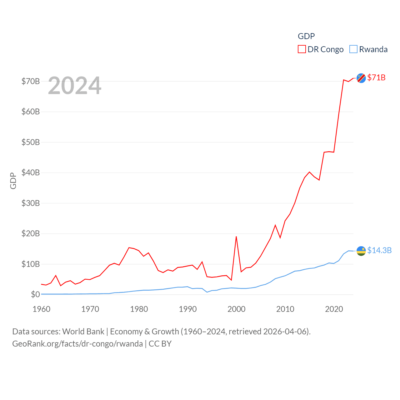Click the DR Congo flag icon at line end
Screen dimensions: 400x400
pyautogui.click(x=361, y=78)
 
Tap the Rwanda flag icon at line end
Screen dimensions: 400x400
pyautogui.click(x=361, y=251)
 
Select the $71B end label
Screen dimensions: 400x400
pyautogui.click(x=376, y=77)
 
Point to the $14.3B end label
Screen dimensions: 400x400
pyautogui.click(x=379, y=250)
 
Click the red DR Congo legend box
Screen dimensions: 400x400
pyautogui.click(x=302, y=49)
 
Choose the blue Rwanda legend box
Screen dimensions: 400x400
pyautogui.click(x=353, y=49)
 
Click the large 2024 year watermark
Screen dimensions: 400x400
pyautogui.click(x=75, y=85)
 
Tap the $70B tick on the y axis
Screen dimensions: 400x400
pyautogui.click(x=31, y=81)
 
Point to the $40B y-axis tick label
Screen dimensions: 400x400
pyautogui.click(x=31, y=172)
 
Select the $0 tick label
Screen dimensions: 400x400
pyautogui.click(x=35, y=294)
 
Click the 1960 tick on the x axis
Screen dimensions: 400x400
pyautogui.click(x=42, y=309)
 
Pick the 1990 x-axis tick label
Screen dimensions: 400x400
pyautogui.click(x=188, y=309)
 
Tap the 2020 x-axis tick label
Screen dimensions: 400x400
pyautogui.click(x=334, y=309)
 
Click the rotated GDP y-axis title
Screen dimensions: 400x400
pyautogui.click(x=13, y=181)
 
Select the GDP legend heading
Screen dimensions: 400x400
pyautogui.click(x=306, y=36)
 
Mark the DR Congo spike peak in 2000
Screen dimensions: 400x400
pyautogui.click(x=236, y=237)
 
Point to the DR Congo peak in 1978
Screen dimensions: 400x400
pyautogui.click(x=129, y=247)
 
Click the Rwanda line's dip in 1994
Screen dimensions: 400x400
pyautogui.click(x=207, y=292)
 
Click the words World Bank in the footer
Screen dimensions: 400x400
pyautogui.click(x=83, y=331)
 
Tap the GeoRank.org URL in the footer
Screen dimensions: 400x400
pyautogui.click(x=77, y=344)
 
